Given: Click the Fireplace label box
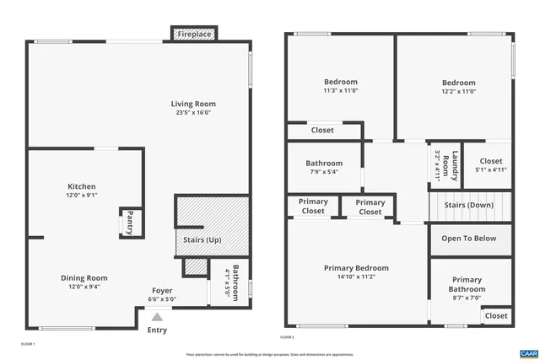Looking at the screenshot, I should click(x=193, y=34).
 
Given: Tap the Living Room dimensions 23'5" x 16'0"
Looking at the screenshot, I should click(x=194, y=112).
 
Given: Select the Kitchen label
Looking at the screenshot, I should click(x=82, y=186).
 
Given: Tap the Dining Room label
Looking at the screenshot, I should click(x=84, y=277).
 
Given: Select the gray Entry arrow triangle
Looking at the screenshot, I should click(x=157, y=317).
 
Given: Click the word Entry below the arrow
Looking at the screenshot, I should click(x=157, y=330).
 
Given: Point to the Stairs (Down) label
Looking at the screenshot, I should click(x=468, y=205).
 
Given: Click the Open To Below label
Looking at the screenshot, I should click(x=469, y=238).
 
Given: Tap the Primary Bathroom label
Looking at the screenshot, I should click(x=466, y=284).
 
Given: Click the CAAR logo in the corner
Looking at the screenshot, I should click(x=528, y=352).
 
